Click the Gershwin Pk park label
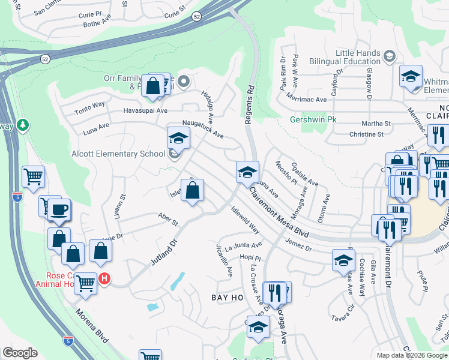pos(313,119)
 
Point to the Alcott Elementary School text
pos(118,154)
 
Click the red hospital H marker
pos(104,278)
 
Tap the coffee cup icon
pos(59,209)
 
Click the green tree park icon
pos(23,125)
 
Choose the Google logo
pos(20,352)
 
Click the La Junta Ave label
pos(240,245)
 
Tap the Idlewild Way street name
pos(245,220)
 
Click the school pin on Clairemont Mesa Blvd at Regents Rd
pos(247,172)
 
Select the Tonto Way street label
pos(89,108)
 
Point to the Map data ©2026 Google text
pos(412,355)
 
